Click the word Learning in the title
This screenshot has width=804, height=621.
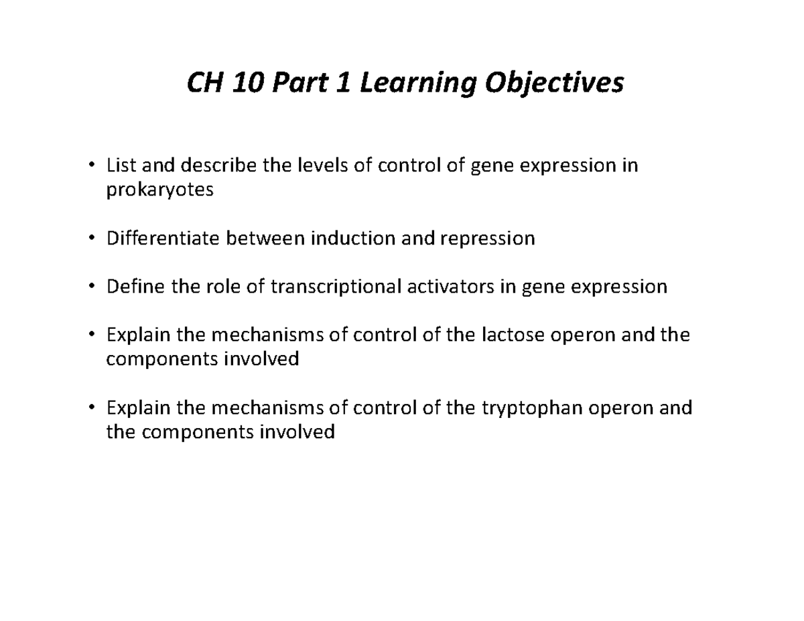coord(417,84)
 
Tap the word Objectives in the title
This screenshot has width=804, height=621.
coord(554,84)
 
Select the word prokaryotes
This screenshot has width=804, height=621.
coord(160,190)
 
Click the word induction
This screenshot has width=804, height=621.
coord(353,238)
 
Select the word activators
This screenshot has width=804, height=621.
coord(451,286)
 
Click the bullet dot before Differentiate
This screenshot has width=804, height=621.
coord(92,237)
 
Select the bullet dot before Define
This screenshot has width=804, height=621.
coord(92,286)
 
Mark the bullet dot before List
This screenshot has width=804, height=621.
coord(92,165)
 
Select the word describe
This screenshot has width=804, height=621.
coord(218,165)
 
